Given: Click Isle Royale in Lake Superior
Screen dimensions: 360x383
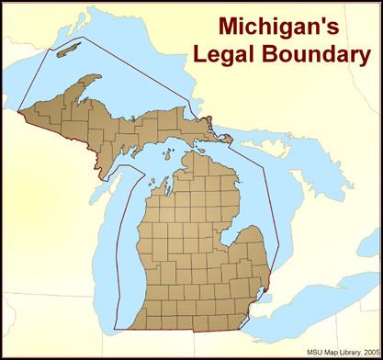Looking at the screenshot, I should [x=71, y=48].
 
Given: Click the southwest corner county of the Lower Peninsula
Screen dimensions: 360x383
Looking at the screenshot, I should [x=131, y=323].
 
